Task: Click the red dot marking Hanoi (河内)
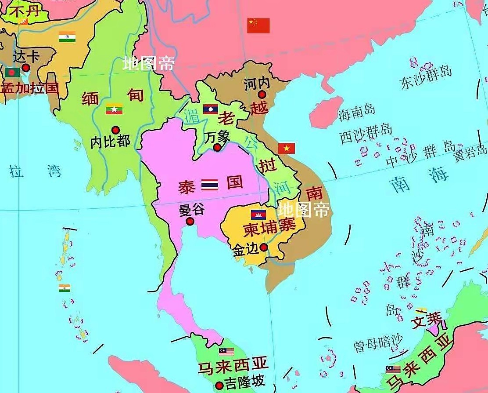click(x=262, y=95)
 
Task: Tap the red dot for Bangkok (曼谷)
click(x=190, y=222)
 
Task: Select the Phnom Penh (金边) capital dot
click(x=264, y=247)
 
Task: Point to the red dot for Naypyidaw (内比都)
click(x=115, y=130)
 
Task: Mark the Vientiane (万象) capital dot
click(x=217, y=147)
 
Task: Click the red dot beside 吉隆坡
click(x=219, y=386)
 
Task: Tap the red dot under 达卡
click(x=26, y=68)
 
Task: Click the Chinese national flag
click(x=258, y=25)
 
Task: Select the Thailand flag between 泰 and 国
click(x=209, y=185)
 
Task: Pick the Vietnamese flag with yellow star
click(x=287, y=149)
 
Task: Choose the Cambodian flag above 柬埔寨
click(x=258, y=215)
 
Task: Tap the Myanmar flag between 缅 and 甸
click(x=114, y=109)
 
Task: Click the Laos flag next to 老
click(x=211, y=109)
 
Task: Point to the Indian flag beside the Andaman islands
click(x=65, y=288)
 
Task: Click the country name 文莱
click(x=426, y=320)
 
